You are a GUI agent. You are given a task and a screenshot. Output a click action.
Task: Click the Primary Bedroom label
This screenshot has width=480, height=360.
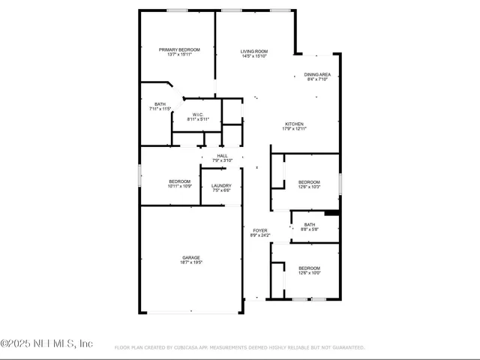(179, 49)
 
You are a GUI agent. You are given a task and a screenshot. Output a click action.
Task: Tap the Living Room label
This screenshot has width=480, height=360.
(254, 51)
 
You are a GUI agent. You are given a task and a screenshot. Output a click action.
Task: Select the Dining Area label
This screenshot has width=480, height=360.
(317, 75)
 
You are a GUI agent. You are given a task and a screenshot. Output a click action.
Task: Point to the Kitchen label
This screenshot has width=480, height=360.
(295, 124)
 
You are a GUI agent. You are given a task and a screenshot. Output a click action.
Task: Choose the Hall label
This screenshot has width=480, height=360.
(223, 156)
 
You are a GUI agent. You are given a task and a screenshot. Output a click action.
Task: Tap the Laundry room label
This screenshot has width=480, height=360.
(221, 186)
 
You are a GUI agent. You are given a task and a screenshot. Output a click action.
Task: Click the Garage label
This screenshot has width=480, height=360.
(190, 257)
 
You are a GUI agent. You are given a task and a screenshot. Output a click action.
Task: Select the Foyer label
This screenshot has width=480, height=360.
(259, 231)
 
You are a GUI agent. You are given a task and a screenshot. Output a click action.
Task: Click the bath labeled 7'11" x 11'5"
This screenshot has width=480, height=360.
(160, 104)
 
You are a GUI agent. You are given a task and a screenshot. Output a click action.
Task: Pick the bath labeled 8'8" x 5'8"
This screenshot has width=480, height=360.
(310, 225)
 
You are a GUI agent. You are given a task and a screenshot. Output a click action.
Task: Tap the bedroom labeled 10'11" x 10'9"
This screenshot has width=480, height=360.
(179, 181)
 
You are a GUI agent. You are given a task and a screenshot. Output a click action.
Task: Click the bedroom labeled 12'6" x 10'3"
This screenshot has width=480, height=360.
(309, 182)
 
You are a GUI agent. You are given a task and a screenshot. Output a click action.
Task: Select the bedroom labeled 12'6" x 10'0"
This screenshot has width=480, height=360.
(309, 268)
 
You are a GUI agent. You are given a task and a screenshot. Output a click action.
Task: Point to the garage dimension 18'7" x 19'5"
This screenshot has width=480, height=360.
(190, 262)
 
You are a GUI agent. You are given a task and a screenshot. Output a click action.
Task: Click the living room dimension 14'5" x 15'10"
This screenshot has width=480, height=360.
(254, 56)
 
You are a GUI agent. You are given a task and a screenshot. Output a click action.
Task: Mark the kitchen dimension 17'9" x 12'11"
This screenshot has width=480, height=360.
(295, 129)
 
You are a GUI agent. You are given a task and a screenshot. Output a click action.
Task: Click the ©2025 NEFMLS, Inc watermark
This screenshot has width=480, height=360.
(46, 343)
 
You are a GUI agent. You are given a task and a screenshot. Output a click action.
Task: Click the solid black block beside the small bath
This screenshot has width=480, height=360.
(332, 212)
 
